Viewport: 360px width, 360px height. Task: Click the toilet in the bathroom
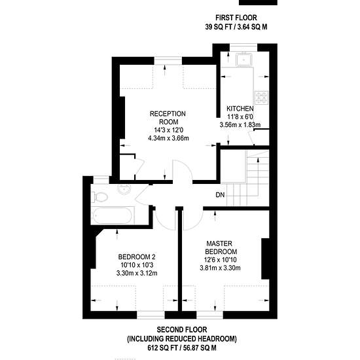(99, 197)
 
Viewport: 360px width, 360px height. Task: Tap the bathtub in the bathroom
(113, 215)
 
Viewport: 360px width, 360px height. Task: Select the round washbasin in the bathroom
(124, 189)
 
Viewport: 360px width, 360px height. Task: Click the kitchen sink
(244, 59)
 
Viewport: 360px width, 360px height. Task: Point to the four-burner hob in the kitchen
(262, 98)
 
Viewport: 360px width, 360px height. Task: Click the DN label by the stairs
(220, 195)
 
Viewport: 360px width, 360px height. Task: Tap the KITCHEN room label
(240, 109)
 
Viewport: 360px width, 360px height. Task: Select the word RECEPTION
(168, 114)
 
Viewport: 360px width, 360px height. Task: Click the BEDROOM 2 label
(137, 257)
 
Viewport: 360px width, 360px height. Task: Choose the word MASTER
(219, 243)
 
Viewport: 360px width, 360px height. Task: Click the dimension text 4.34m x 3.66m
(169, 138)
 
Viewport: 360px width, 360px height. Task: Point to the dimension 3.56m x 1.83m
(240, 125)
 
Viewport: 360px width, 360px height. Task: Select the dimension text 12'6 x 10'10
(220, 260)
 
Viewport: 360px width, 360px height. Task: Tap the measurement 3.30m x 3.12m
(137, 273)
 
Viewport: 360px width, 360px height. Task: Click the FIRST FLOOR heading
(236, 18)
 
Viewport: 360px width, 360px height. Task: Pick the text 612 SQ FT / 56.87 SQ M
(182, 348)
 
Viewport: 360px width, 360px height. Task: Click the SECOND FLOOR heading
(182, 330)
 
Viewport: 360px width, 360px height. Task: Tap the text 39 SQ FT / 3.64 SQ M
(236, 27)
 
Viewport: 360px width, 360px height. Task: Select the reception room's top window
(168, 61)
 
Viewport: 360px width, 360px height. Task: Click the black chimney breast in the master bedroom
(265, 259)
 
